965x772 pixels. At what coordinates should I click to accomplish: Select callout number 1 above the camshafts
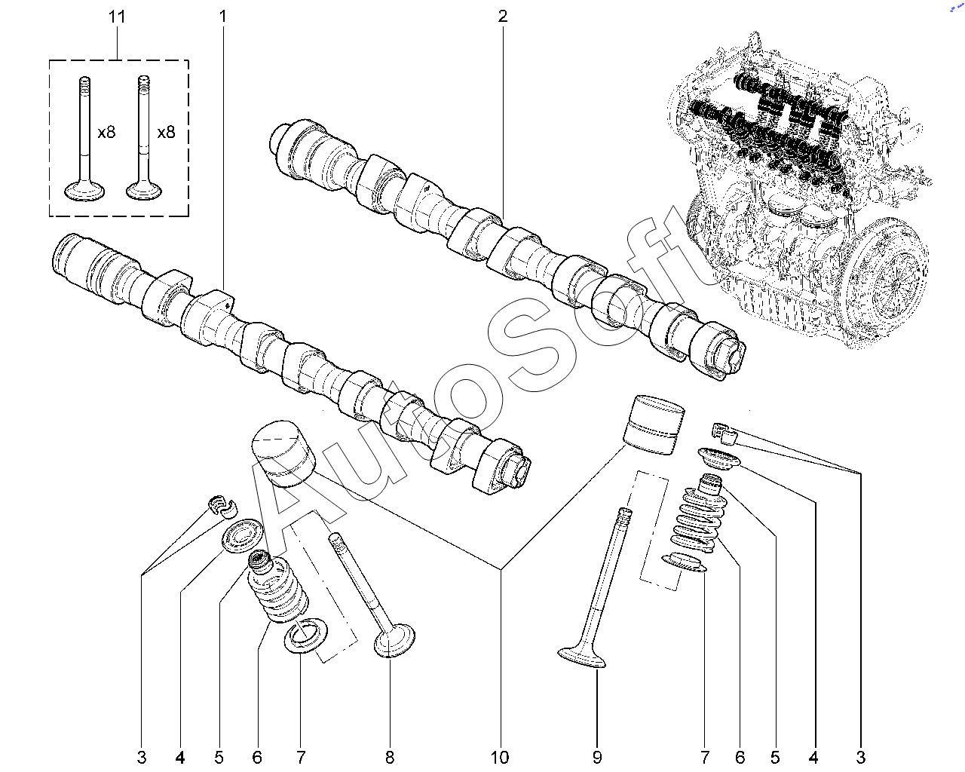point(223,16)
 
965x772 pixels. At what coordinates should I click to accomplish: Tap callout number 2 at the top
point(503,16)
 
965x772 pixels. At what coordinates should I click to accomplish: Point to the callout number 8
point(390,757)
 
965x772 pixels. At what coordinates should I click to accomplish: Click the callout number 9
point(597,757)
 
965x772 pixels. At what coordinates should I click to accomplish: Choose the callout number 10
point(500,757)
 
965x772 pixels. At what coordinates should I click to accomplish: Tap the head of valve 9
point(582,657)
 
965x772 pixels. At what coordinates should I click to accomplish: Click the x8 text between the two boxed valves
point(106,132)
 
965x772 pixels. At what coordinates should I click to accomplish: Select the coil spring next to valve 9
point(695,520)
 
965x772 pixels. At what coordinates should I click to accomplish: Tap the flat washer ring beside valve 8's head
point(305,634)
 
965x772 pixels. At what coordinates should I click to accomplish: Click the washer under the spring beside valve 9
point(685,562)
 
